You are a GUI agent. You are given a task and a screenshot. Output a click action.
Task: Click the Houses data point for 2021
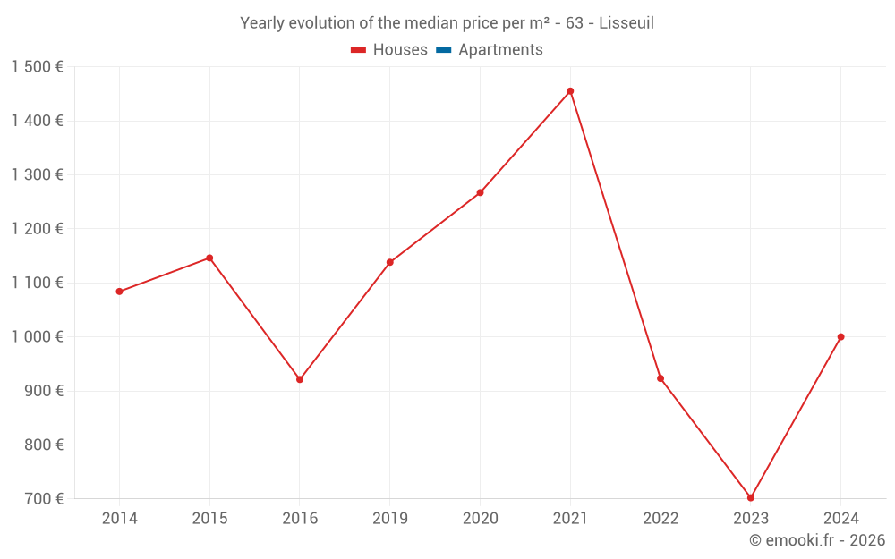(x=570, y=91)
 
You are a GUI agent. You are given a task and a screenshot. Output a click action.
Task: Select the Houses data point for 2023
(x=751, y=497)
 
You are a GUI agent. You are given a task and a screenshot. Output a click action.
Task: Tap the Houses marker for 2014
(x=119, y=292)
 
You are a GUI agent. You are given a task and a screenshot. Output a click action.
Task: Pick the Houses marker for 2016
(x=300, y=379)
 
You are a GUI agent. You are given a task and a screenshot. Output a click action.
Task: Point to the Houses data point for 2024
(x=840, y=337)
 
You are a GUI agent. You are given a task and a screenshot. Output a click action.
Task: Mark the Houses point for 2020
(x=480, y=192)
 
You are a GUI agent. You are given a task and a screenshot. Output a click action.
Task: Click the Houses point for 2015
(x=209, y=258)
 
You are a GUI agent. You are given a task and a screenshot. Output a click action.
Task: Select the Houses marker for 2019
(x=389, y=262)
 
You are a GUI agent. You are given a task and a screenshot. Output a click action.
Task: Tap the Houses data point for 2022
(x=661, y=378)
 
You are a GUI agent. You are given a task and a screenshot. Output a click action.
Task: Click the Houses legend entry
(x=389, y=50)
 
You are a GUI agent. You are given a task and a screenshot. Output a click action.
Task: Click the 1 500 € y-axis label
(x=37, y=67)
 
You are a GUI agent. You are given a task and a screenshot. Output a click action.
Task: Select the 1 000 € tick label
(x=37, y=337)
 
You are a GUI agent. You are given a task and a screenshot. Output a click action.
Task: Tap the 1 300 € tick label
(x=37, y=175)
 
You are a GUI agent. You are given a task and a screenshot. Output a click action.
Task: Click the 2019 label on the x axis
(x=389, y=519)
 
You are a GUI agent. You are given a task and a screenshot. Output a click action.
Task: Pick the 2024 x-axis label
(x=840, y=519)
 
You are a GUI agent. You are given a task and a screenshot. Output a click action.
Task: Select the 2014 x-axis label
(x=119, y=519)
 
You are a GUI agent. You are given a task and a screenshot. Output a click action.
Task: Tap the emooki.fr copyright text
(x=816, y=540)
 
